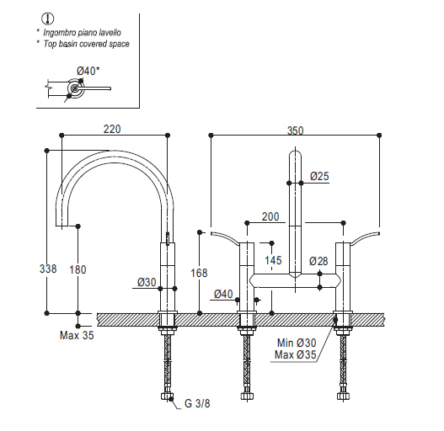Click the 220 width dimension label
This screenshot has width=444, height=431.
point(112,129)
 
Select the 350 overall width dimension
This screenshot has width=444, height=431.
point(296,130)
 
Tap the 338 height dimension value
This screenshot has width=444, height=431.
point(48,269)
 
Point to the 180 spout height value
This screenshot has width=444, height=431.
point(78,269)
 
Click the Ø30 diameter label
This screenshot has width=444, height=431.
point(147,282)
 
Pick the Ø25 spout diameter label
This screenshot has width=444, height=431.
point(319,176)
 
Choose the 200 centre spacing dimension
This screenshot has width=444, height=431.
point(270,216)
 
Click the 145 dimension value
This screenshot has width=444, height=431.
point(273,260)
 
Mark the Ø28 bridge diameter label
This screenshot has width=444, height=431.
point(318,261)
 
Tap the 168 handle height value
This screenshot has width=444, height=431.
point(199,273)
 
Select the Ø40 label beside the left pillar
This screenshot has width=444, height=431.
point(223,294)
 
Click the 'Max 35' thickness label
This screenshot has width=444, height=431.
point(77,335)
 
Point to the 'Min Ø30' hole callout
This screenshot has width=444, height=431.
point(297,343)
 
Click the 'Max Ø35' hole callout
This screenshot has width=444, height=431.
point(296,354)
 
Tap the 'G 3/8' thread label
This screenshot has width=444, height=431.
point(197,403)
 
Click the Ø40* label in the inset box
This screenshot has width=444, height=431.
point(88,71)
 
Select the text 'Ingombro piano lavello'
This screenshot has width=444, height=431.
point(82,33)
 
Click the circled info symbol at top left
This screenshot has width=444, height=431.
point(48,19)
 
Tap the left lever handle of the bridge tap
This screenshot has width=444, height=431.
point(225,237)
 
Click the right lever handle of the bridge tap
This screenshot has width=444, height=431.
point(365,237)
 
